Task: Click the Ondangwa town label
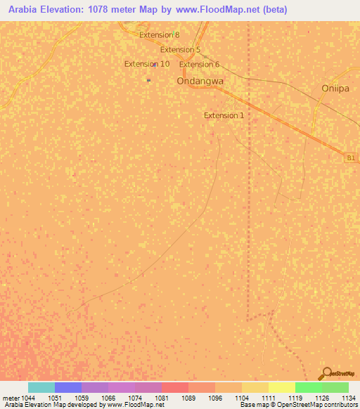coord(200,81)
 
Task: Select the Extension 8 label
coord(159,34)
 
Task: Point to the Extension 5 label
coord(180,49)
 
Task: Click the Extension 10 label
coord(147,64)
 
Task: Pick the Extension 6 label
coord(199,65)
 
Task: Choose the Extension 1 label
coord(224,115)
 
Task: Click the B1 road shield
coord(350,159)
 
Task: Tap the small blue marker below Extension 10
coord(148,80)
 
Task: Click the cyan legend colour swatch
coord(41,387)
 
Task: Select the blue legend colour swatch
coord(68,387)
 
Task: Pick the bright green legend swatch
coord(309,387)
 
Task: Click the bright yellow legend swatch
coord(282,387)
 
